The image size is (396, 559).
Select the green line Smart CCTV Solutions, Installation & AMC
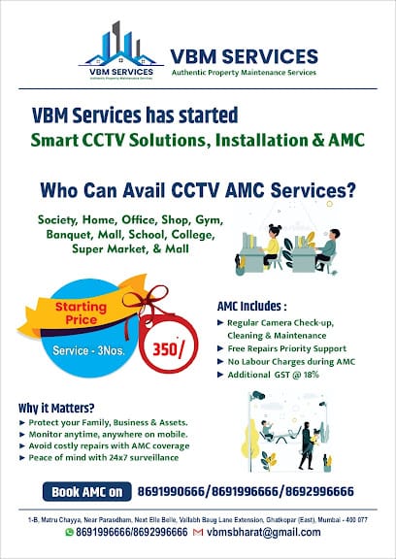point(197,140)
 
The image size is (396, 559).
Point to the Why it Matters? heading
point(55,408)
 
